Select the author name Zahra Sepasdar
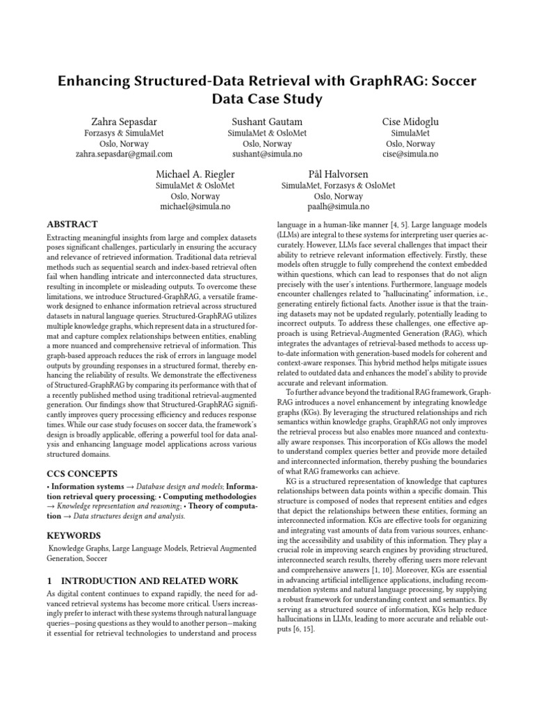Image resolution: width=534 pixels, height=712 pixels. point(123,122)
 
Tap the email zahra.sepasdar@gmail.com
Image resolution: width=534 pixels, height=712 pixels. point(123,154)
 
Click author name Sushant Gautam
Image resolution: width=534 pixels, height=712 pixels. point(266,122)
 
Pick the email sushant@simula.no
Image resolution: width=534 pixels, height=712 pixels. point(266,154)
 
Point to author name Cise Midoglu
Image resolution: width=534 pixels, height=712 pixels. point(410,122)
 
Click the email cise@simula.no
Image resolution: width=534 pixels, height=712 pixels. point(410,154)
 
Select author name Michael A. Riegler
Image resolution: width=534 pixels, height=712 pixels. point(195,174)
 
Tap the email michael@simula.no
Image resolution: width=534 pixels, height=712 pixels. point(195,207)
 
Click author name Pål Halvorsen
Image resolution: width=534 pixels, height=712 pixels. point(338,174)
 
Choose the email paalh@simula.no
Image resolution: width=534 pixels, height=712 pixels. point(338,207)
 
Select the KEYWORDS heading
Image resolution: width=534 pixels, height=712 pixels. point(73,535)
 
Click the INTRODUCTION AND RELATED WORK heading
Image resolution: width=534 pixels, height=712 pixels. point(142,581)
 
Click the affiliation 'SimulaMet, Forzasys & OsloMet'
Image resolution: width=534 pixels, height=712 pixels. point(338,186)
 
